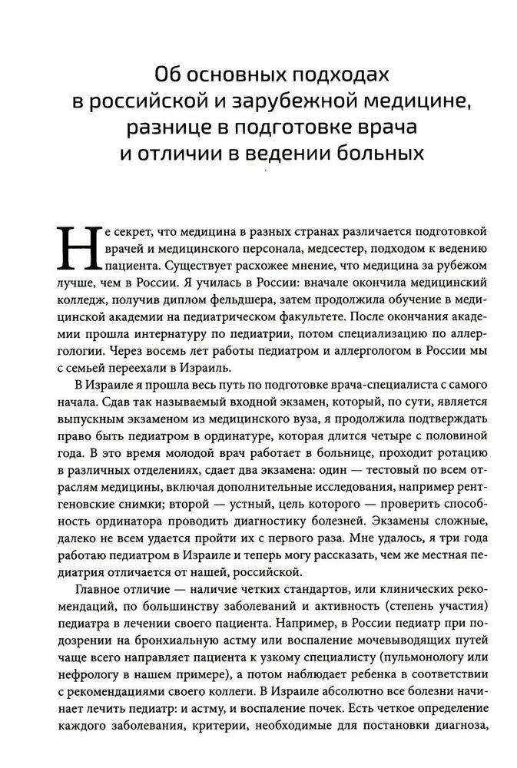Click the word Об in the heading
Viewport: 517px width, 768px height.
167,75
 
